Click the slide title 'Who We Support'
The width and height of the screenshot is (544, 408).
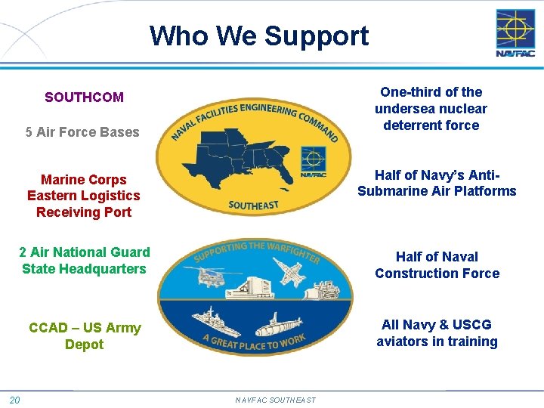pyautogui.click(x=259, y=36)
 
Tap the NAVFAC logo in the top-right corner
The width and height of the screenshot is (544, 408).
pyautogui.click(x=515, y=33)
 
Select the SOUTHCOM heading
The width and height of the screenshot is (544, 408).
pyautogui.click(x=84, y=97)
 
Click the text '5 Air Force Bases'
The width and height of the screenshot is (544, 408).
pyautogui.click(x=82, y=132)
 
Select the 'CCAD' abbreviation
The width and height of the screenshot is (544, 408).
pyautogui.click(x=48, y=328)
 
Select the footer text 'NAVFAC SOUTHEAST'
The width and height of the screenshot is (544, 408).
pyautogui.click(x=275, y=400)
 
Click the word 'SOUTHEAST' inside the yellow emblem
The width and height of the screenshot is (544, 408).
pyautogui.click(x=253, y=205)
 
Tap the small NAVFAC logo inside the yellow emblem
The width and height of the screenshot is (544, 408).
pyautogui.click(x=313, y=161)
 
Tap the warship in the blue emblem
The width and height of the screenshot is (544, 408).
pyautogui.click(x=217, y=320)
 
